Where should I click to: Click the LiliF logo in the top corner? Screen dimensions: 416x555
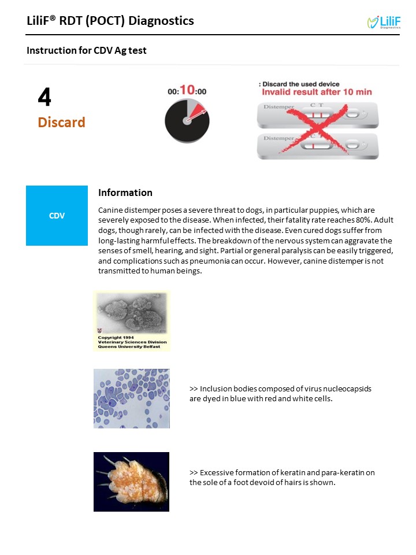click(384, 23)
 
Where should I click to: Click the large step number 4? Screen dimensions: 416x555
click(44, 97)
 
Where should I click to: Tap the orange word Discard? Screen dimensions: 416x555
click(62, 123)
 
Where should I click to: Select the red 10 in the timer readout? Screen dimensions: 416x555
click(187, 90)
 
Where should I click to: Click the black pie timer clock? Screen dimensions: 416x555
click(187, 121)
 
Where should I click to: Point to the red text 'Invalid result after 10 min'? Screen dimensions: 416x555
click(317, 92)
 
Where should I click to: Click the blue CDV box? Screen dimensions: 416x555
click(57, 216)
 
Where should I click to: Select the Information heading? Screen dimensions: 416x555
click(125, 193)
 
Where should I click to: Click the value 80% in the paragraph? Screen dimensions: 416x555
click(363, 220)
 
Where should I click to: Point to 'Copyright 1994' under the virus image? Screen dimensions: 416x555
click(116, 337)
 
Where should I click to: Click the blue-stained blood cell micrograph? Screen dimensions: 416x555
click(132, 398)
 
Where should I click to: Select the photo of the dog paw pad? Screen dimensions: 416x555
click(131, 482)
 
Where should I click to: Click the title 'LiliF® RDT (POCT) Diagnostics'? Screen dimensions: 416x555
click(110, 21)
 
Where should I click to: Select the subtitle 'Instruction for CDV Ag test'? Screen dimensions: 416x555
click(87, 51)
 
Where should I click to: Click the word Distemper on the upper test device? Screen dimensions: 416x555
click(278, 106)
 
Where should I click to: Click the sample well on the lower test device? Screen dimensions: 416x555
click(352, 145)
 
